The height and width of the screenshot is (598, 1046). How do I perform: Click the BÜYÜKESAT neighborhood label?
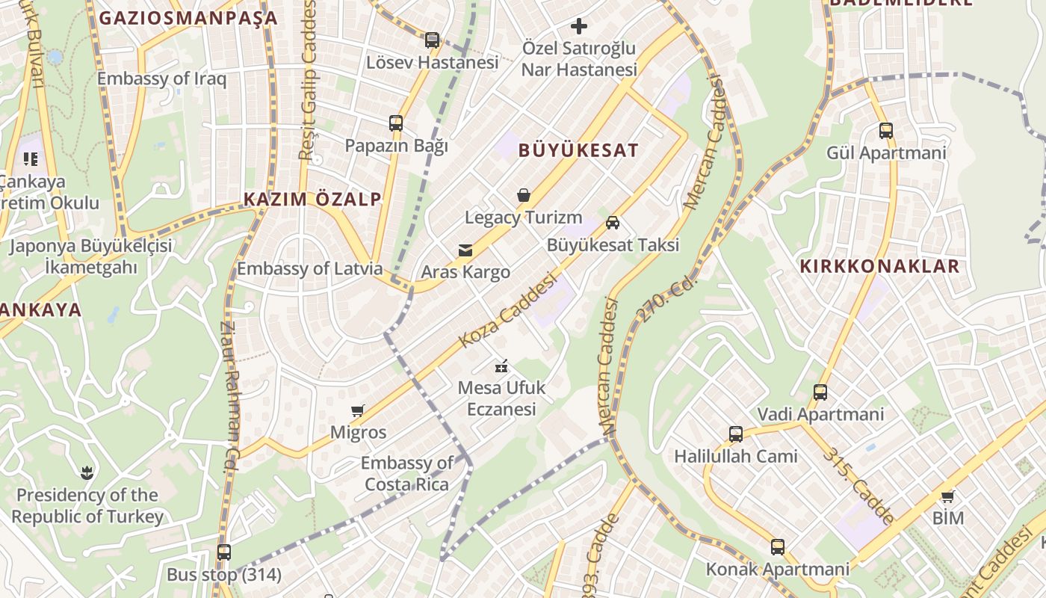tap(578, 150)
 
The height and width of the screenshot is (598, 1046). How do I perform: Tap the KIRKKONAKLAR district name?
tap(879, 267)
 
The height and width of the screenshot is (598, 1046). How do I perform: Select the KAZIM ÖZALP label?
tap(312, 199)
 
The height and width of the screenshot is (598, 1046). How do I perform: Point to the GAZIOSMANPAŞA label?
tap(188, 19)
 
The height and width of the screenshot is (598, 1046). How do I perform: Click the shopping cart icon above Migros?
tap(358, 410)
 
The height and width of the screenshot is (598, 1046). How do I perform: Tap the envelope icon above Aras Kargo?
tap(465, 250)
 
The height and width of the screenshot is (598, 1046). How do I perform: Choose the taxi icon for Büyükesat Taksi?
tap(613, 222)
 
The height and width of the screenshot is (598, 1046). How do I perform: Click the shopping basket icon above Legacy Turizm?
tap(524, 196)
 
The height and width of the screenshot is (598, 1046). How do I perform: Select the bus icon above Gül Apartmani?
tap(886, 131)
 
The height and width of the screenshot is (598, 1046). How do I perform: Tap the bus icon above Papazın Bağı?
tap(396, 123)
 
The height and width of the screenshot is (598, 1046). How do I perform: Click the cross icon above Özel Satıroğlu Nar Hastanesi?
tap(579, 27)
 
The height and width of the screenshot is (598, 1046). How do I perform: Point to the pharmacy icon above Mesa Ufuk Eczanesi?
tap(501, 366)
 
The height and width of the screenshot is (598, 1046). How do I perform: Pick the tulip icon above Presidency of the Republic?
tap(87, 472)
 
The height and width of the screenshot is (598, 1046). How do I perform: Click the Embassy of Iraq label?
tap(161, 78)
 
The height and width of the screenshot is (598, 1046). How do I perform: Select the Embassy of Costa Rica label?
tap(407, 474)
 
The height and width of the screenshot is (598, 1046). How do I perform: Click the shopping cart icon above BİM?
tap(948, 496)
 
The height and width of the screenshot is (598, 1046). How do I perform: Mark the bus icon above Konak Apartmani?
tap(778, 547)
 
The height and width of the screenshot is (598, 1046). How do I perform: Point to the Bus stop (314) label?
tap(224, 575)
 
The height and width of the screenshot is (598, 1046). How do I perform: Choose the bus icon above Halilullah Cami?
tap(736, 434)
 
